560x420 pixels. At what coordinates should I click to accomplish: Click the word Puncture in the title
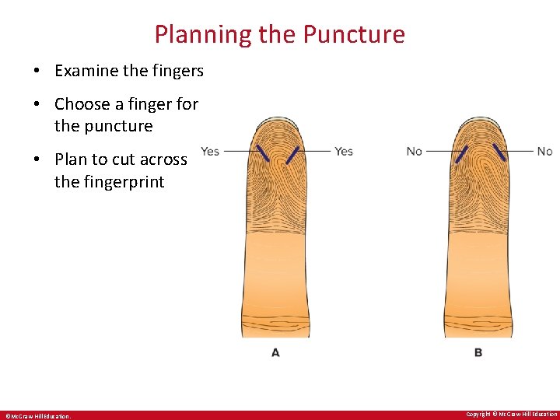click(x=354, y=35)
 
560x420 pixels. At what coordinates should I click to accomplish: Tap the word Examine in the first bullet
click(x=86, y=71)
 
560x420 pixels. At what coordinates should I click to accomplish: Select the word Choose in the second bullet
click(x=83, y=104)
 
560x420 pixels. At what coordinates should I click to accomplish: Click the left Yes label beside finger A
click(x=210, y=151)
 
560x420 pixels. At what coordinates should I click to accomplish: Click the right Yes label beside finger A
click(x=344, y=151)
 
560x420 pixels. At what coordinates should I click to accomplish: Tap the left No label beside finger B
click(x=415, y=151)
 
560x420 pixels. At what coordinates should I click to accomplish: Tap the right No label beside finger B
click(x=544, y=151)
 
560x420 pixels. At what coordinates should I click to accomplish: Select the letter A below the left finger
click(x=275, y=352)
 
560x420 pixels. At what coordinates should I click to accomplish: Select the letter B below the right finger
click(x=478, y=352)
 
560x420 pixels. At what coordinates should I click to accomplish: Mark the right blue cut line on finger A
click(x=292, y=155)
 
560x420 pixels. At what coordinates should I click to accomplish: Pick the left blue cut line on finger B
click(x=461, y=154)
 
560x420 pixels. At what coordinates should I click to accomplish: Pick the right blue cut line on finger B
click(x=499, y=152)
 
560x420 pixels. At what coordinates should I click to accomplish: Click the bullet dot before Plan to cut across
click(x=37, y=159)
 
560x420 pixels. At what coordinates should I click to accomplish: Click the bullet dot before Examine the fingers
click(x=37, y=71)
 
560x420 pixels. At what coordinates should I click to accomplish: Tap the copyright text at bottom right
click(x=511, y=414)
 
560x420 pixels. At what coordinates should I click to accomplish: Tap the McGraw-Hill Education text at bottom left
click(x=38, y=416)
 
